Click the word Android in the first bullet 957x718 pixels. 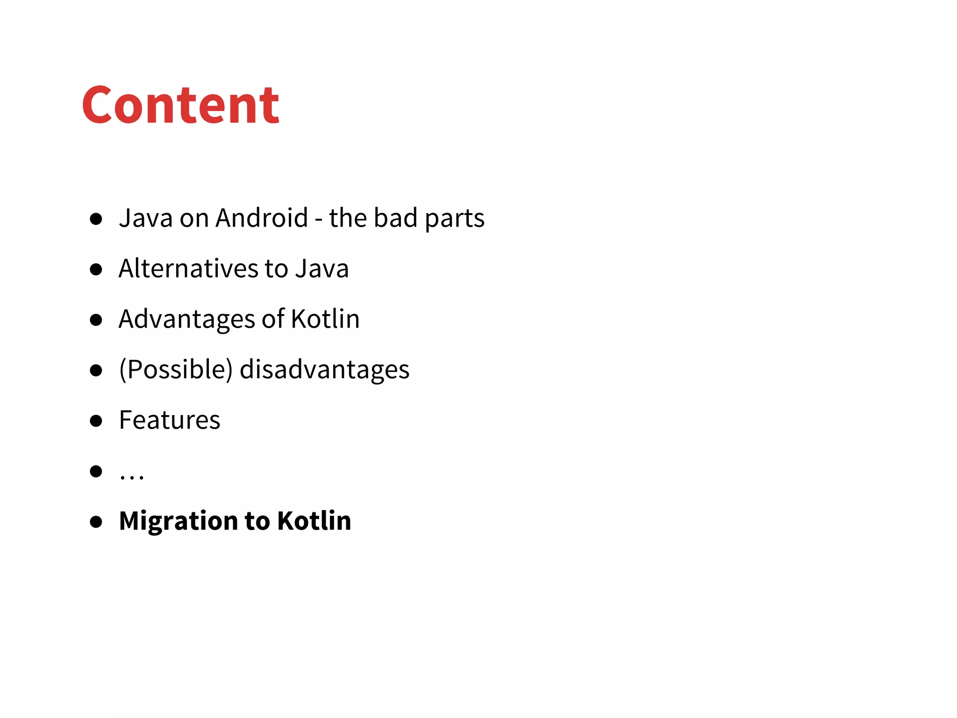coord(262,218)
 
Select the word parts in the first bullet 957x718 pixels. coord(454,219)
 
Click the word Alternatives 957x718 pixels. coord(188,268)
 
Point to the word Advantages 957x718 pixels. coord(186,319)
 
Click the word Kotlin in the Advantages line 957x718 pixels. coord(325,319)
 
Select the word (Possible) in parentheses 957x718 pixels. coord(176,370)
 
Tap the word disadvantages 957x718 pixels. coord(324,369)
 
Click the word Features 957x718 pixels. coord(170,420)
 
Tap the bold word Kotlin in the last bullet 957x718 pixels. coord(314,521)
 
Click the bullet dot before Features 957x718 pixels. coord(96,421)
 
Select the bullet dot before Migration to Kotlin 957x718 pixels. coord(96,522)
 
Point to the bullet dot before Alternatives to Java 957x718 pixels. coord(96,269)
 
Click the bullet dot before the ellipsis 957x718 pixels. coord(96,471)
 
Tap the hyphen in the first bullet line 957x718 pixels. coord(319,220)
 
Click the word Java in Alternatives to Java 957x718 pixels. coord(322,268)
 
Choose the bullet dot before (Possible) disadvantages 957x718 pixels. coord(96,370)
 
